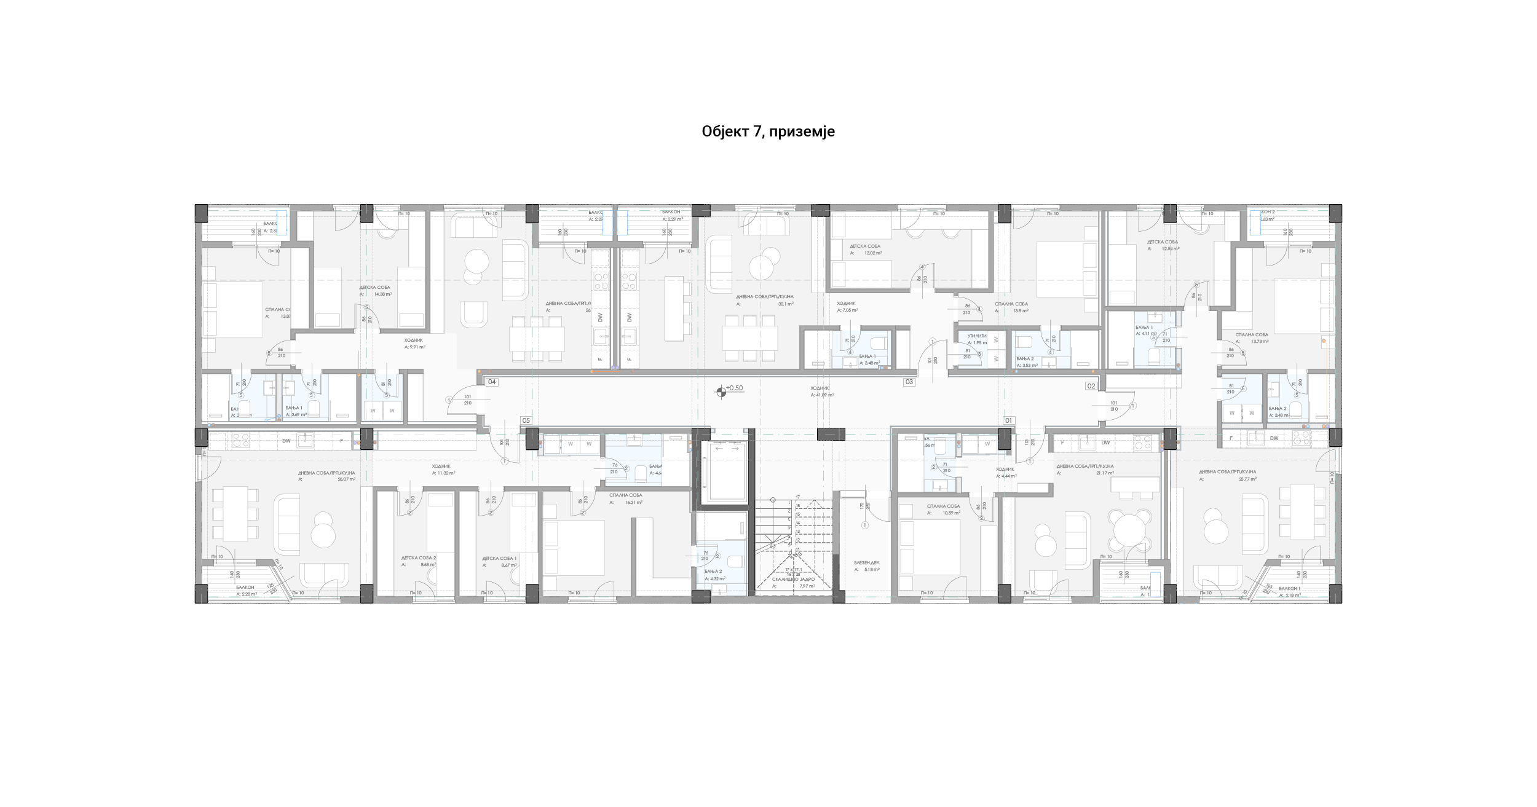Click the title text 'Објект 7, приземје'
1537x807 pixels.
pos(768,132)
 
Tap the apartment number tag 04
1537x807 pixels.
pos(492,382)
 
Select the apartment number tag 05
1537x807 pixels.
pos(526,421)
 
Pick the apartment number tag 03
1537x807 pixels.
pos(909,382)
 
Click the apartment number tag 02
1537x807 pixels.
pos(1091,386)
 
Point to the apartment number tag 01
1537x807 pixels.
pos(1008,421)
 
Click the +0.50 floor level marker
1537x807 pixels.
pos(734,388)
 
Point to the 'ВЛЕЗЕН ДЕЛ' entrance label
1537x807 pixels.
pos(867,563)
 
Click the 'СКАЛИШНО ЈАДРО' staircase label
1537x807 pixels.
pos(794,580)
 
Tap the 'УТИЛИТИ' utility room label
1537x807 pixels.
pos(977,336)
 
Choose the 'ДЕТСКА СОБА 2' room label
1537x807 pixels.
pos(418,558)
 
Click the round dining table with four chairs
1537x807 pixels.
pos(1130,529)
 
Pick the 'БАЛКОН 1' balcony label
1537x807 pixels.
pos(1290,589)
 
